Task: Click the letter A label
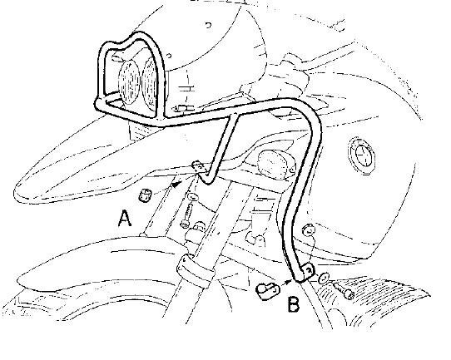click(x=125, y=219)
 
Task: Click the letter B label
click(x=294, y=304)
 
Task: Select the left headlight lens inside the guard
click(x=130, y=81)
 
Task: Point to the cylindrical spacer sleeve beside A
click(x=144, y=195)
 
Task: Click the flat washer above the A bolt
click(x=192, y=197)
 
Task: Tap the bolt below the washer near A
click(x=186, y=216)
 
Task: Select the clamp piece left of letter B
click(x=267, y=291)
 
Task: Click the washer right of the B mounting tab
click(x=325, y=277)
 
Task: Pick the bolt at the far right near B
click(x=343, y=290)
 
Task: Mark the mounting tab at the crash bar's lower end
click(x=307, y=272)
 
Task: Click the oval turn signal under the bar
click(x=276, y=163)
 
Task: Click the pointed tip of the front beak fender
click(x=14, y=191)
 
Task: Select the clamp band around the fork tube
click(x=195, y=269)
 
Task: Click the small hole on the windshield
click(x=209, y=25)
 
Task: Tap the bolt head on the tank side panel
click(x=308, y=229)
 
